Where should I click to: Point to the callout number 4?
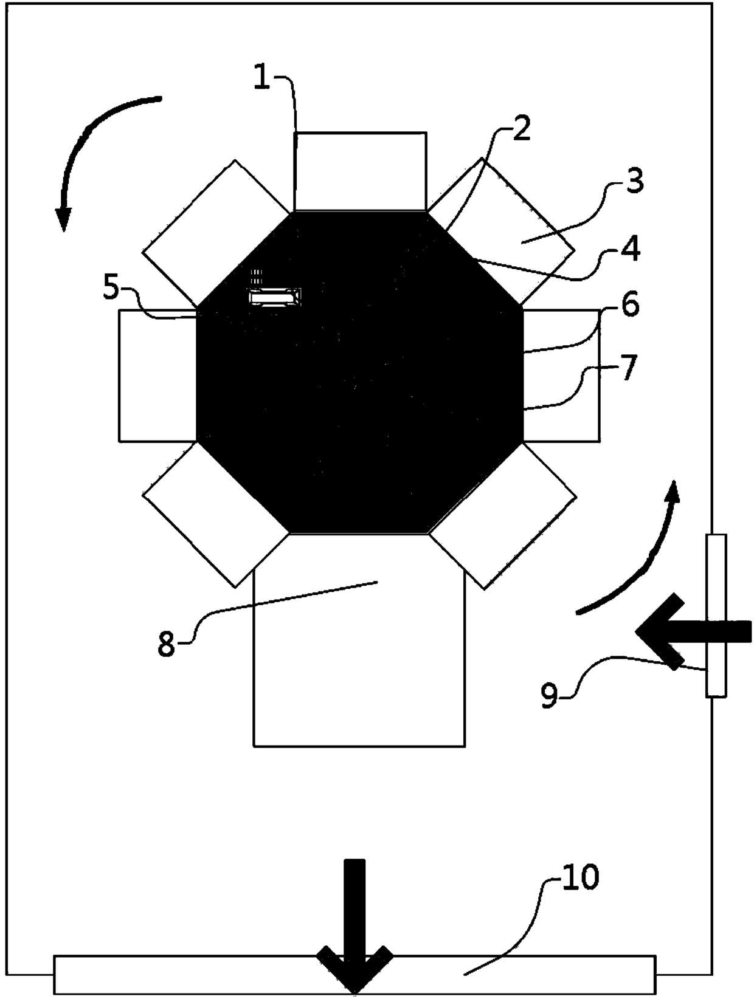pos(632,250)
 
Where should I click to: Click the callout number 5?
pos(111,289)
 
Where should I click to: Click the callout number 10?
pos(580,878)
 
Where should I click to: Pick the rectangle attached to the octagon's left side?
pos(157,376)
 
